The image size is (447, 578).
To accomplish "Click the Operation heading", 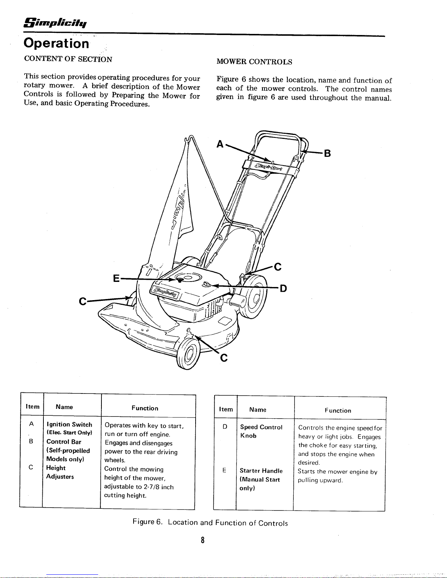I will pos(56,43).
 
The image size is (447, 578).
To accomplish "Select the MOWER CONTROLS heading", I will pos(254,62).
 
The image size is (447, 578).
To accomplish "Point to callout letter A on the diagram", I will pos(220,144).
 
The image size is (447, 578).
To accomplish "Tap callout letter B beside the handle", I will pos(327,154).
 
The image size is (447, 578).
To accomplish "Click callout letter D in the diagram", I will pos(283,289).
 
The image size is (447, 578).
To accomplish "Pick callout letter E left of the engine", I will pos(116,279).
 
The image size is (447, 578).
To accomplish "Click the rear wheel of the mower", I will pos(254,296).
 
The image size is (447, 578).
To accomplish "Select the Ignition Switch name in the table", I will pos(69,424).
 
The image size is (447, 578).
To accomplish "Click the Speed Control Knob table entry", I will pos(261,431).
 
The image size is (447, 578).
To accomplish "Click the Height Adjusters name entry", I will pos(60,472).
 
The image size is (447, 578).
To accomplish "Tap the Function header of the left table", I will pos(145,408).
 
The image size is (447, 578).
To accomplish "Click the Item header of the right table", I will pos(226,410).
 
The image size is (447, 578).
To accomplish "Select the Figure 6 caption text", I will pos(210,523).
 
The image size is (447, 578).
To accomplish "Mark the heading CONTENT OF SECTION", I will pos(68,59).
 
